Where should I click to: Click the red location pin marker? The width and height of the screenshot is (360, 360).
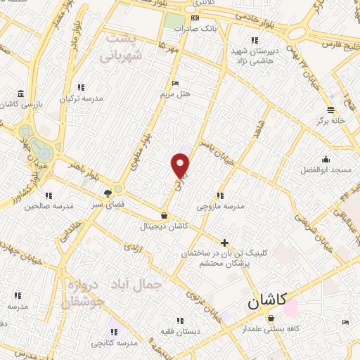181,165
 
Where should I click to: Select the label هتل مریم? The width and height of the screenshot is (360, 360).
176,93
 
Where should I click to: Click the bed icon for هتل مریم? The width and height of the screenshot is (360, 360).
176,83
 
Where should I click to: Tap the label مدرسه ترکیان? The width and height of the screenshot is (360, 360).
82,98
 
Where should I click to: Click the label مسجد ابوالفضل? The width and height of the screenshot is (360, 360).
324,171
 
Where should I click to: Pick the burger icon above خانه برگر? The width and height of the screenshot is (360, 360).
330,109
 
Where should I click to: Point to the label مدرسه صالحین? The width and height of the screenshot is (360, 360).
49,207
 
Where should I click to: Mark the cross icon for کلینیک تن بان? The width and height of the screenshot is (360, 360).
224,243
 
